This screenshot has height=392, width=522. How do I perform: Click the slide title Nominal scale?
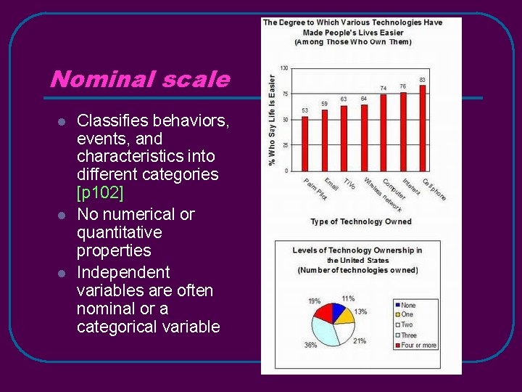click(139, 79)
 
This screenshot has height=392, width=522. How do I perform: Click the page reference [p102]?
click(100, 192)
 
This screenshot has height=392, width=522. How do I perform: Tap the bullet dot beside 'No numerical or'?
click(62, 216)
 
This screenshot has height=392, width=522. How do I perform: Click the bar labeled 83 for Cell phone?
click(423, 128)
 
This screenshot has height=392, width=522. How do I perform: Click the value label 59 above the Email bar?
click(325, 104)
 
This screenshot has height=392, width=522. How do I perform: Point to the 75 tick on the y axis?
click(284, 94)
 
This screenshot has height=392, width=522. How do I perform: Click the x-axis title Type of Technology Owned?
click(360, 221)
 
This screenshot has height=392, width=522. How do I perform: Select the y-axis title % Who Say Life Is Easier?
click(273, 120)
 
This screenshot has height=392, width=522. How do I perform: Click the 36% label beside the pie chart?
click(310, 346)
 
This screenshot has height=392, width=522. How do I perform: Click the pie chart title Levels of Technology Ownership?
click(357, 250)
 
